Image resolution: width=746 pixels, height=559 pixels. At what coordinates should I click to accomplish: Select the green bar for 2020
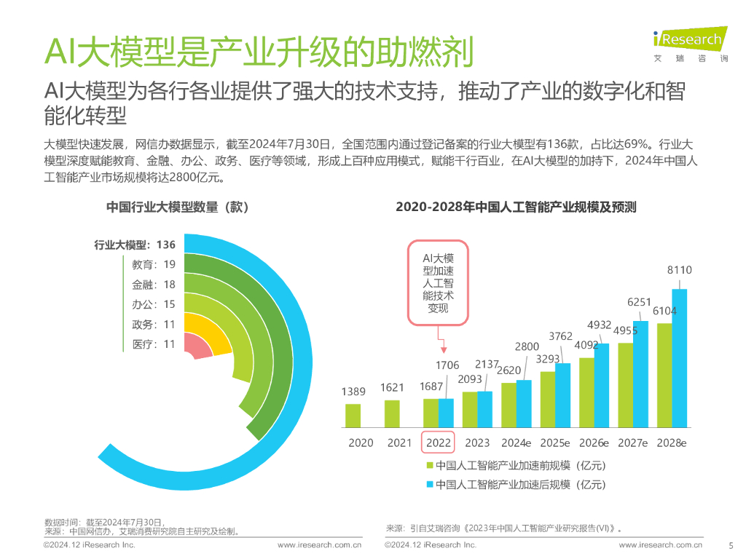pos(353,415)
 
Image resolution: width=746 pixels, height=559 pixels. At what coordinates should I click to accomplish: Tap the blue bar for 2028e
pos(679,357)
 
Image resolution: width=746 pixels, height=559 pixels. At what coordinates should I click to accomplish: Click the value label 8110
pos(679,270)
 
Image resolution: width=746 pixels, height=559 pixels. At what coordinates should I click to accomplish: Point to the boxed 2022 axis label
pos(439,443)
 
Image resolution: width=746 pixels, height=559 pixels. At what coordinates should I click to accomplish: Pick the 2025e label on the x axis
pos(555,443)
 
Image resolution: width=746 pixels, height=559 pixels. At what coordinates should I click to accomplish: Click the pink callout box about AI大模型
pos(439,282)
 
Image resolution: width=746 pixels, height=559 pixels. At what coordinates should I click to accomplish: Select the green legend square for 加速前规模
pos(430,466)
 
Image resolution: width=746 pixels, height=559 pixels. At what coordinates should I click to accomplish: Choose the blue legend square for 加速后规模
pos(430,484)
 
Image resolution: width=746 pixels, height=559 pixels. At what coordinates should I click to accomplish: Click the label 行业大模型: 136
pos(135,245)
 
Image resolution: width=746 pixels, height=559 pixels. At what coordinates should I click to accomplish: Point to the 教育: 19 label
pos(154,264)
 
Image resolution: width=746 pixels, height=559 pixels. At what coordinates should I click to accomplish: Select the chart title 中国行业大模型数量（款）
pos(178,207)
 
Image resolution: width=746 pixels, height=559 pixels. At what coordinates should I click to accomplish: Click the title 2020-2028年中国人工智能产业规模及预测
pos(516,207)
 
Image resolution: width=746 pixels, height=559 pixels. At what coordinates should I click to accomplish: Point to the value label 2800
pos(527,346)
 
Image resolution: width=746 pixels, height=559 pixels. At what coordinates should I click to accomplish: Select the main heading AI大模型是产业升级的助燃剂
pos(259,52)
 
